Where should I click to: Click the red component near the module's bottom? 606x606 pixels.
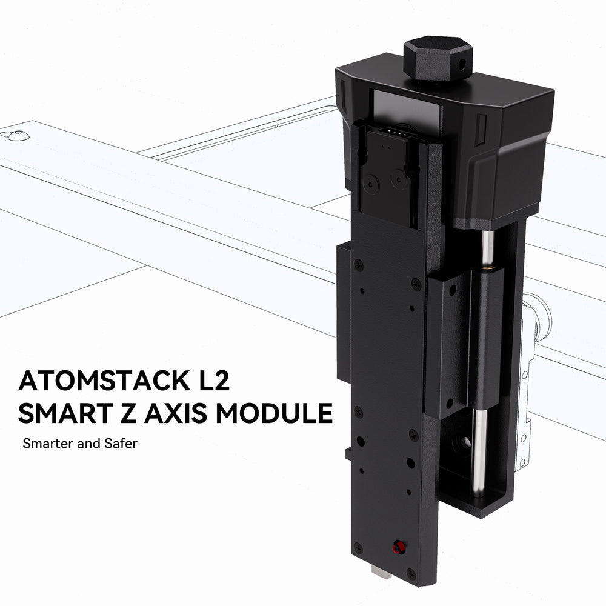click(x=399, y=548)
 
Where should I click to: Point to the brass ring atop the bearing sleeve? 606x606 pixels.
click(x=485, y=265)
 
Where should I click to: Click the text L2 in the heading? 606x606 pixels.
click(x=216, y=381)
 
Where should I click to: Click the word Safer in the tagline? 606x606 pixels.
click(x=121, y=444)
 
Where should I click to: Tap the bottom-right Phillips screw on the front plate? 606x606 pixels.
click(x=411, y=573)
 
